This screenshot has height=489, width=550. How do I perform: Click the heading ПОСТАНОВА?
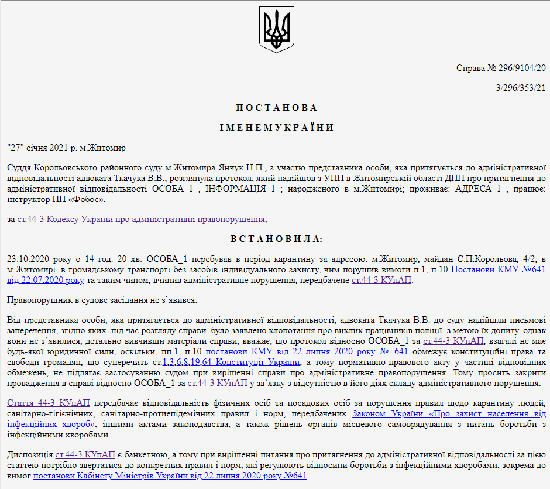276,108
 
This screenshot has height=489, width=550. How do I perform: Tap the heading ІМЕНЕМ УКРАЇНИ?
276,128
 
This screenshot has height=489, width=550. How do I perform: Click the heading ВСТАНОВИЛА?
276,239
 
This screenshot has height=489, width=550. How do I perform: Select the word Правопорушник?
36,300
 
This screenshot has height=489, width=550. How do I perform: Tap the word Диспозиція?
29,454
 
